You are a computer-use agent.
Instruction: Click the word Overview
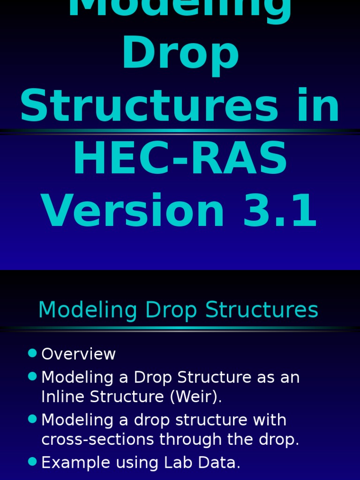tap(78, 354)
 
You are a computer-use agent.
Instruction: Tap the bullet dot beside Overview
tap(32, 353)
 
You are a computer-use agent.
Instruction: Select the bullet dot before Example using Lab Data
tap(32, 462)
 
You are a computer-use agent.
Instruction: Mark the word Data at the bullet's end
tap(222, 463)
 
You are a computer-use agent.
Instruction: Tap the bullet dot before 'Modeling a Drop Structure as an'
tap(32, 376)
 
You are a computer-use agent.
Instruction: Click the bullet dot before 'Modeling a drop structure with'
tap(32, 419)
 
